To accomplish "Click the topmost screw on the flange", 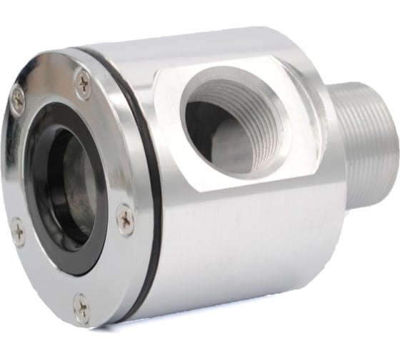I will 83,84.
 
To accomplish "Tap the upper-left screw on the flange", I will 17,99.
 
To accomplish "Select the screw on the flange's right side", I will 125,220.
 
